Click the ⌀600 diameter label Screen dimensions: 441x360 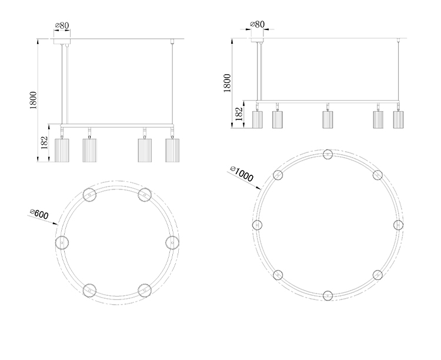coord(39,214)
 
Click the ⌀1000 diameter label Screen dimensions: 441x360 coord(242,174)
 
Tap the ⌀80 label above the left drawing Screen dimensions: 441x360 coord(62,25)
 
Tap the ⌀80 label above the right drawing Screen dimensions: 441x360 coord(258,24)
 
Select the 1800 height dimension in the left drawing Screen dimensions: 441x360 coord(34,100)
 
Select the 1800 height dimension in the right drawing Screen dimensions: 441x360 coord(227,83)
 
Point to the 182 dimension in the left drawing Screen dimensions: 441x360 coord(45,143)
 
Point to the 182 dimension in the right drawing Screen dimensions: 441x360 coord(239,114)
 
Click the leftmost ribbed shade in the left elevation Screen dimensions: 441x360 coord(62,151)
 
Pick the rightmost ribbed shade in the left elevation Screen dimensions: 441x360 coord(172,151)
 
